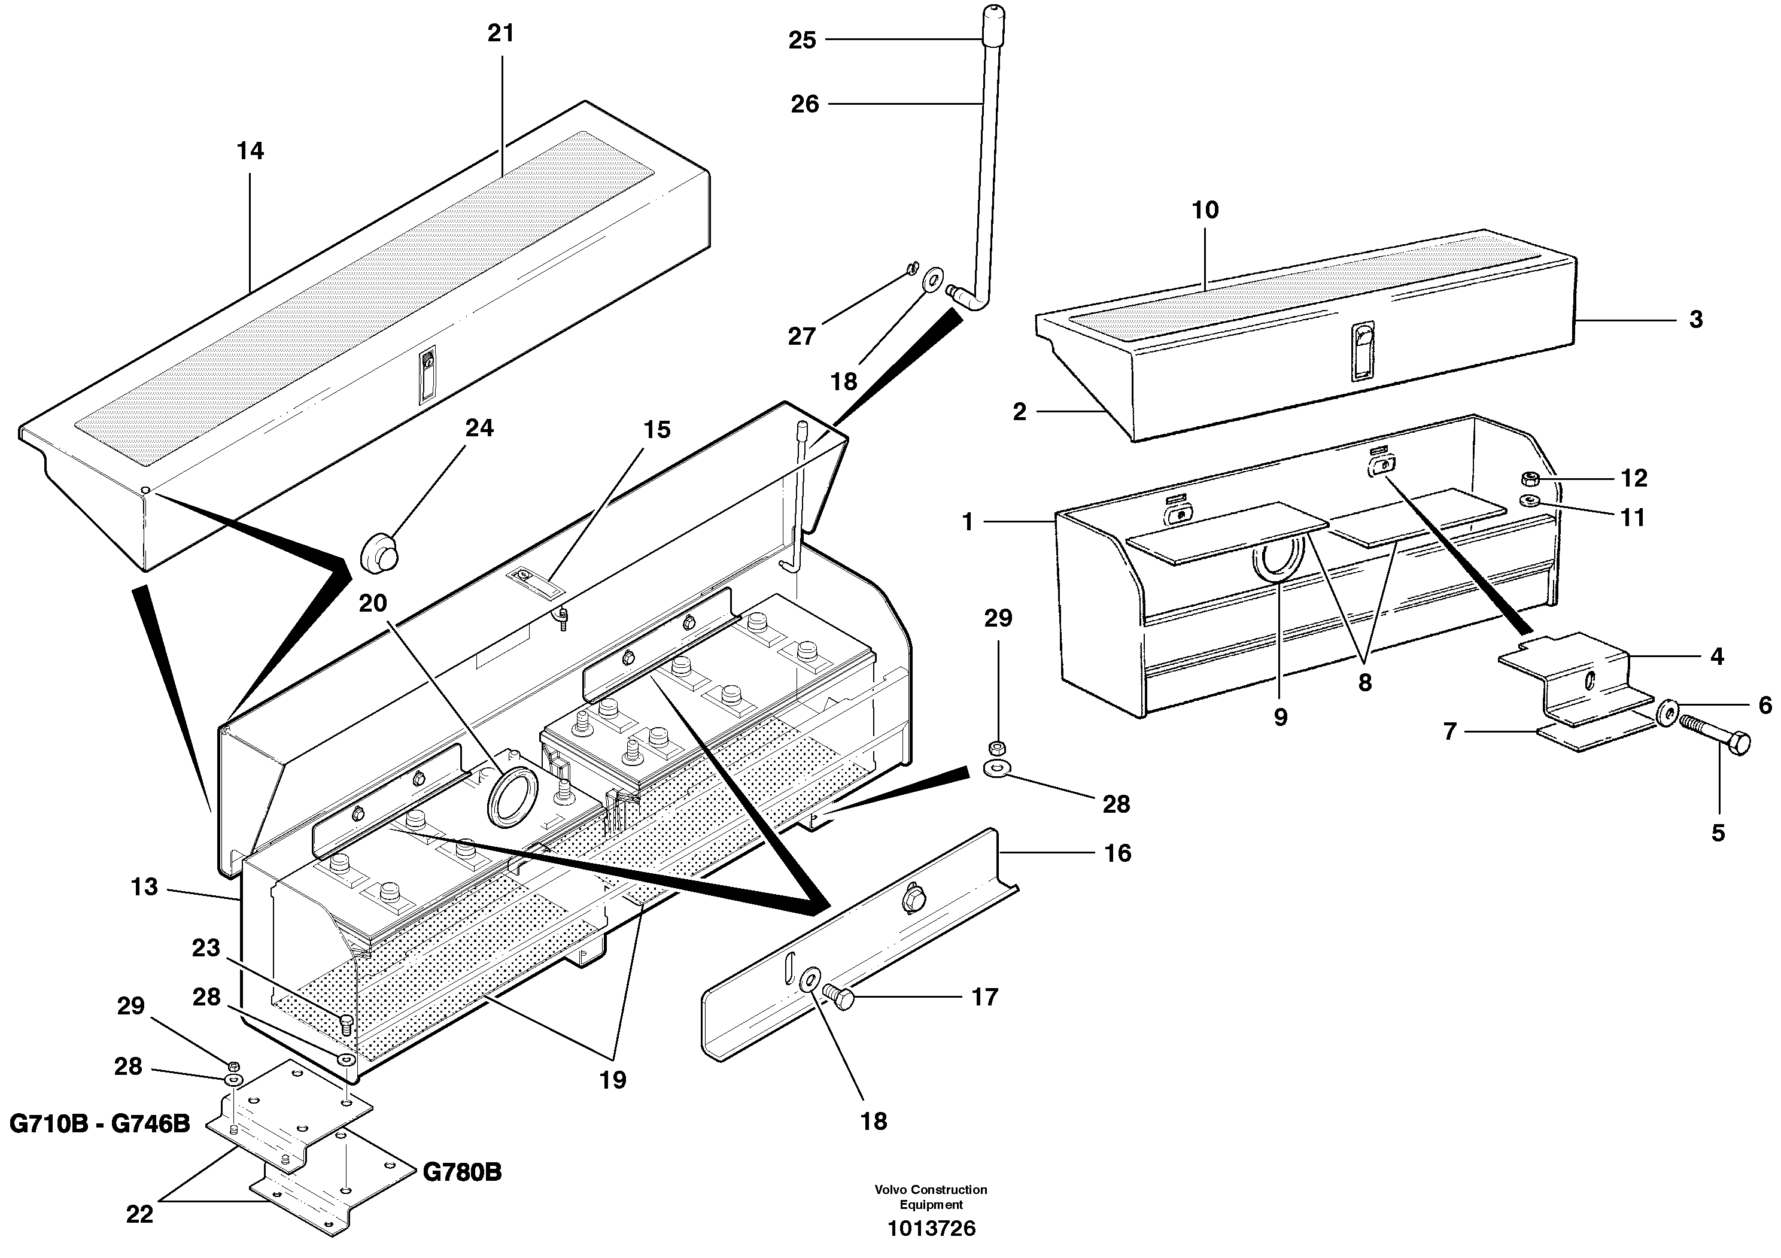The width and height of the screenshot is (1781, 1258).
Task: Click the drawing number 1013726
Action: (x=932, y=1229)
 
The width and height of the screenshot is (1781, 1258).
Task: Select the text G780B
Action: (x=463, y=1172)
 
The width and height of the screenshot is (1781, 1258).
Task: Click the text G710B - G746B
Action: (x=99, y=1123)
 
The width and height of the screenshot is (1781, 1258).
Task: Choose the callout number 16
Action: (x=1118, y=853)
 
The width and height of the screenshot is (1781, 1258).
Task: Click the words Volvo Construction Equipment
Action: (x=931, y=1197)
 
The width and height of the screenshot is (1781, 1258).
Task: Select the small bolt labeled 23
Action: (x=347, y=1024)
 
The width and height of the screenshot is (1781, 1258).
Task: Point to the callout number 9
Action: (x=1281, y=716)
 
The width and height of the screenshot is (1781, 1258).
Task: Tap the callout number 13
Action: (x=144, y=886)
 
